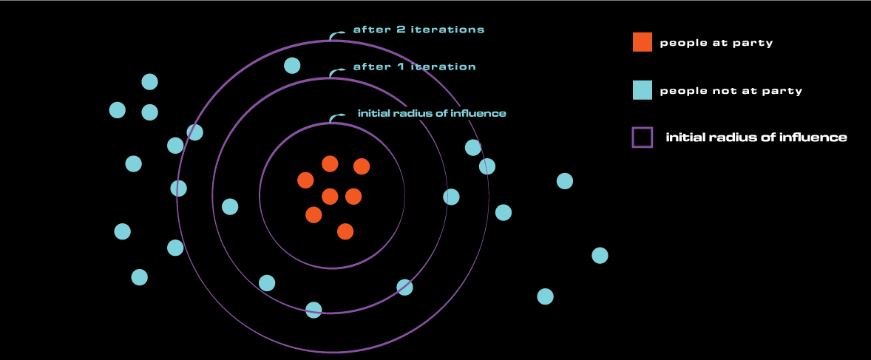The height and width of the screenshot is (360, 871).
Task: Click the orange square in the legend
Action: pos(642,42)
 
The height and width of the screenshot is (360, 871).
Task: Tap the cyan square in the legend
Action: pos(642,90)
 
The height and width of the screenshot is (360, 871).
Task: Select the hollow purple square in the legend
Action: pos(642,137)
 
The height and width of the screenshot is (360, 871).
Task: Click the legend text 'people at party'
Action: pos(716,43)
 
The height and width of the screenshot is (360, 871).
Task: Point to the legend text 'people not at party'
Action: pos(731,91)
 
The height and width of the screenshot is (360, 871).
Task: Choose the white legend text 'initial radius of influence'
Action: pos(756,137)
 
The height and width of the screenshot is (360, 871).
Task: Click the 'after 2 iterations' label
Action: pos(418,30)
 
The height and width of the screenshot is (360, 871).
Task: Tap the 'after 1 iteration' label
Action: pos(414,67)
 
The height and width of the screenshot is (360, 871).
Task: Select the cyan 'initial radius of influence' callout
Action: pos(432,114)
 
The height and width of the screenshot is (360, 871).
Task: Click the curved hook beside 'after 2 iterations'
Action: pos(336,34)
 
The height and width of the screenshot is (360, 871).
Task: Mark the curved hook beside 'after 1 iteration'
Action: pos(336,72)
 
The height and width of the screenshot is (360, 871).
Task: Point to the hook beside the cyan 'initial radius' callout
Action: pos(336,117)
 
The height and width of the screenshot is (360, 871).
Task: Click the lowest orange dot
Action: pos(345,231)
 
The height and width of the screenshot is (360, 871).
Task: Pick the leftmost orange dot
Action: pos(305,180)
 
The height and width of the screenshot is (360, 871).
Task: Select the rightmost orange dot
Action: pos(362,166)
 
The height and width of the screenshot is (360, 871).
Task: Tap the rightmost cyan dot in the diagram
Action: pos(600,255)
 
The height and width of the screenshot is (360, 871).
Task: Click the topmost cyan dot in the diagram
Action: pos(292,65)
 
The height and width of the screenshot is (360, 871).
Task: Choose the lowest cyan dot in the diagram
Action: pos(314,310)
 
